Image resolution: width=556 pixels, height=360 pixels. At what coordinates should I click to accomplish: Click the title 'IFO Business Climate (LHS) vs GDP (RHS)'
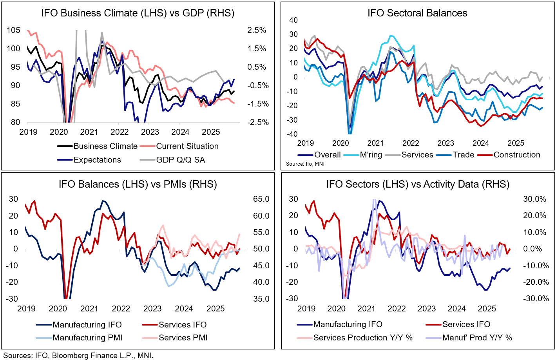click(138, 13)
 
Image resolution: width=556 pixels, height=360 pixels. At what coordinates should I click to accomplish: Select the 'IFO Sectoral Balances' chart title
click(417, 13)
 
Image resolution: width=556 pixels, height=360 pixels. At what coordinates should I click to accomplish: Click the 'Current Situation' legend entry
click(187, 146)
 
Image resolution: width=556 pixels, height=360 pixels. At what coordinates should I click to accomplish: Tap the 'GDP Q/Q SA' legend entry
click(180, 160)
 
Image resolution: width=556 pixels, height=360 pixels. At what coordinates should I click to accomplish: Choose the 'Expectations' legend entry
click(97, 160)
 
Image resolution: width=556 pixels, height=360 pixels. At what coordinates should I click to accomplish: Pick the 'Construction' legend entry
click(516, 155)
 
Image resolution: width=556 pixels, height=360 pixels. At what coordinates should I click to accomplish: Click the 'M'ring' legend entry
click(371, 155)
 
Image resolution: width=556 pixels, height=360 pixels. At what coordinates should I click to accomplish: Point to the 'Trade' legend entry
click(464, 155)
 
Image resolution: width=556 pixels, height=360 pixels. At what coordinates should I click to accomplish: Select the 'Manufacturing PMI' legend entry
click(88, 338)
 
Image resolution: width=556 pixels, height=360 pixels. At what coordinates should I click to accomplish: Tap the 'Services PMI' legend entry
click(183, 338)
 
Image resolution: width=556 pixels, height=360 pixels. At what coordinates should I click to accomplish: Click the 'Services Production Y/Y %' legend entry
click(363, 338)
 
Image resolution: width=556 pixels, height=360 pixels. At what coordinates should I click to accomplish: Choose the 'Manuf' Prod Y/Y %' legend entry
click(477, 338)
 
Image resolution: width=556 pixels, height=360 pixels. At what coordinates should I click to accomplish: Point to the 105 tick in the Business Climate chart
click(13, 31)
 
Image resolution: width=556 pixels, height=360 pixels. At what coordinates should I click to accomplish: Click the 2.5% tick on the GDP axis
click(257, 31)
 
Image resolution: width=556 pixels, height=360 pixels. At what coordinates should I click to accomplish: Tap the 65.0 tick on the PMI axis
click(261, 199)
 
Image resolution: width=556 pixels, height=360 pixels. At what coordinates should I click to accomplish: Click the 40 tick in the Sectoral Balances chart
click(293, 20)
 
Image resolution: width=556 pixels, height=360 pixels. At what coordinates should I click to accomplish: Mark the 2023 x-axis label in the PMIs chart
click(152, 309)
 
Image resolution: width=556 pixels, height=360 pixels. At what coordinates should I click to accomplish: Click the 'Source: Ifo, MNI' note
click(305, 164)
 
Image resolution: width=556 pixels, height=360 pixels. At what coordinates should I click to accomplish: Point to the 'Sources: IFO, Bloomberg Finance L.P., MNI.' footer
click(78, 356)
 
